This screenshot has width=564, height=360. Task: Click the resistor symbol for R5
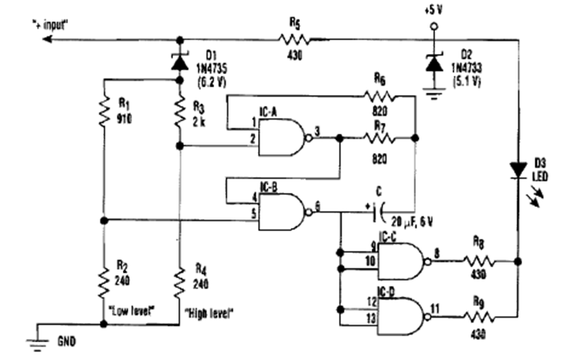pos(294,39)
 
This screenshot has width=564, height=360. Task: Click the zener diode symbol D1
pos(180,56)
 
